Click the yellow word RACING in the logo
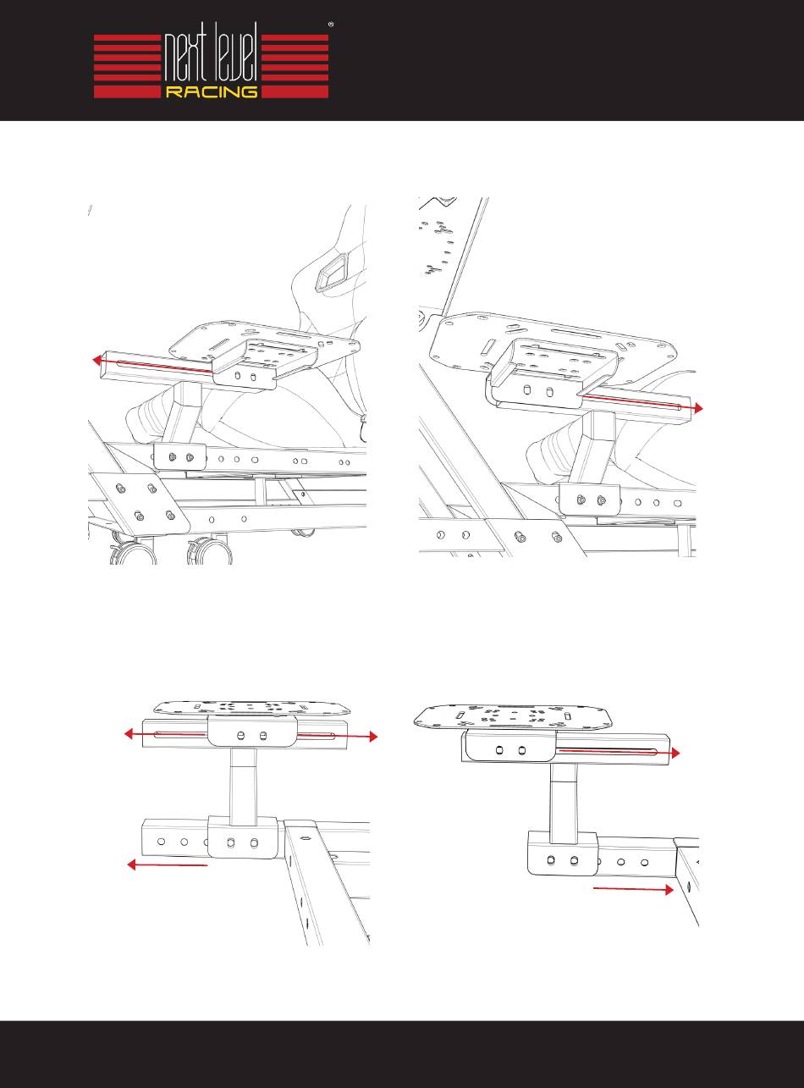coord(212,91)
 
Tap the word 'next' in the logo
coord(185,58)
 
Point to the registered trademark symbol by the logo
coord(331,24)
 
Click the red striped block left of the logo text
coord(128,66)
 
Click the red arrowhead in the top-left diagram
coord(97,361)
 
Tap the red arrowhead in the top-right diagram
coord(698,408)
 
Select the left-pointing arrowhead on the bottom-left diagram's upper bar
coord(130,734)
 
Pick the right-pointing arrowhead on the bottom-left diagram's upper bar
coord(373,737)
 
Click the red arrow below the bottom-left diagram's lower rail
coord(168,864)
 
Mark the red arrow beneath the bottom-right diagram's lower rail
coord(633,889)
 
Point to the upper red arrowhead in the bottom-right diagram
coord(675,753)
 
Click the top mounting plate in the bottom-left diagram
coord(252,707)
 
